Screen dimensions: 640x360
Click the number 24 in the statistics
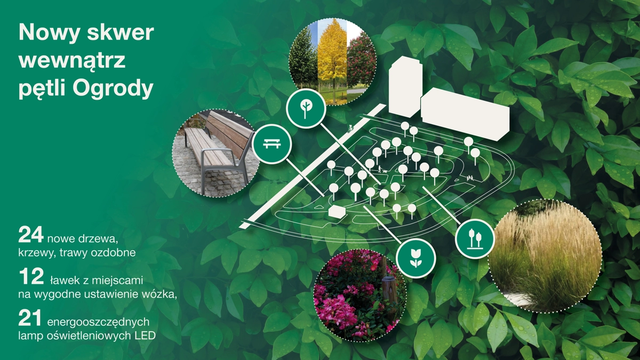point(31,235)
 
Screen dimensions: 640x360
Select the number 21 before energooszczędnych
point(30,318)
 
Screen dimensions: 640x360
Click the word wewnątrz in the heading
point(73,61)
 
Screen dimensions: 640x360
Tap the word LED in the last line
point(145,335)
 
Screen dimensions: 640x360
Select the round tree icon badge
point(306,108)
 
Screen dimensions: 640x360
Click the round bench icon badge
point(271,144)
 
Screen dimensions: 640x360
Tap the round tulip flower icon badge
point(417,258)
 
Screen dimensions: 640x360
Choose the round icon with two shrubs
point(475,239)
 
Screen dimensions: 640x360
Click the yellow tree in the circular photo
point(332,61)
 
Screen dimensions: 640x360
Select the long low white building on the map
point(465,115)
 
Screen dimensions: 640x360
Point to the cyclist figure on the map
point(350,129)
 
